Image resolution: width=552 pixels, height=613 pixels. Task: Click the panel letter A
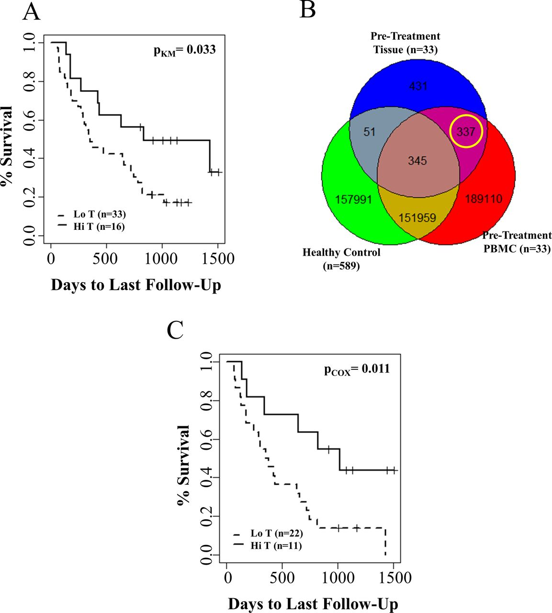click(31, 12)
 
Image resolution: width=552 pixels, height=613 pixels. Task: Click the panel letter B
click(307, 9)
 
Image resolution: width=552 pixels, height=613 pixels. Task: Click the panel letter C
click(175, 330)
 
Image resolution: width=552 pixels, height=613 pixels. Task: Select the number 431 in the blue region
click(418, 86)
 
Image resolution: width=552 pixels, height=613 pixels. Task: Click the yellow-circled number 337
click(465, 131)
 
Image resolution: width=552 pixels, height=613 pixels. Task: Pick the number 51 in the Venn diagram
click(369, 131)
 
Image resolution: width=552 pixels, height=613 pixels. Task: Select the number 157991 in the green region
click(353, 199)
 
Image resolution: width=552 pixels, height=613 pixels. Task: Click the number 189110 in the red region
click(484, 199)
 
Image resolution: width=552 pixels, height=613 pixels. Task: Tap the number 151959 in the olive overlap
click(417, 218)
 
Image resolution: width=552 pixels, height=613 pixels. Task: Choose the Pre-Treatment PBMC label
click(517, 242)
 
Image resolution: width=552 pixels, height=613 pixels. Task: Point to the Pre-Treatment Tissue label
click(406, 43)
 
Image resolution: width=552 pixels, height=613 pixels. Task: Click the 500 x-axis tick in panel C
click(282, 578)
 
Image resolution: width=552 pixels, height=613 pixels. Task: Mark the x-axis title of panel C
click(313, 604)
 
